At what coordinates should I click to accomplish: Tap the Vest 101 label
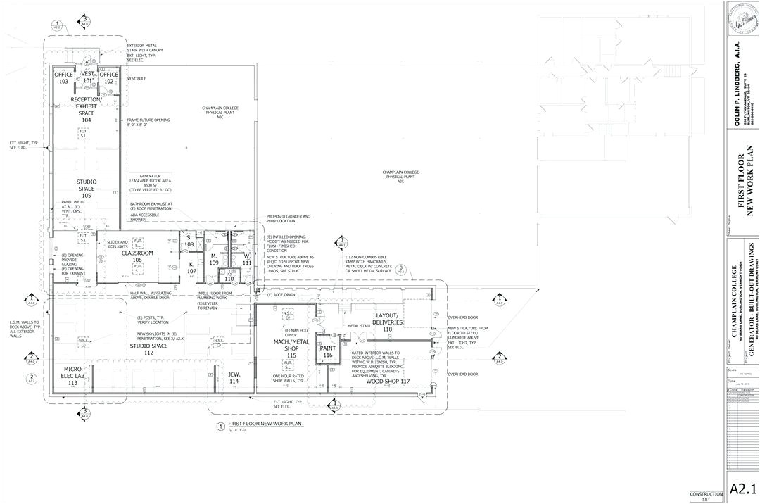tap(87, 77)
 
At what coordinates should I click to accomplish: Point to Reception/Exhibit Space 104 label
tap(86, 110)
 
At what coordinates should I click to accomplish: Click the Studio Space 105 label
tap(86, 189)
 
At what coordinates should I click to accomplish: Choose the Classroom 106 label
tap(138, 256)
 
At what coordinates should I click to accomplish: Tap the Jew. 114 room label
tap(234, 378)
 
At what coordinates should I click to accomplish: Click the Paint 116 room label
tap(327, 352)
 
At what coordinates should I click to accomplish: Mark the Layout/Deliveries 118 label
tap(387, 322)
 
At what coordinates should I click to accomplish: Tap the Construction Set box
tap(706, 496)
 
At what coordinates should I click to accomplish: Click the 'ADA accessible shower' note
tap(144, 217)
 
